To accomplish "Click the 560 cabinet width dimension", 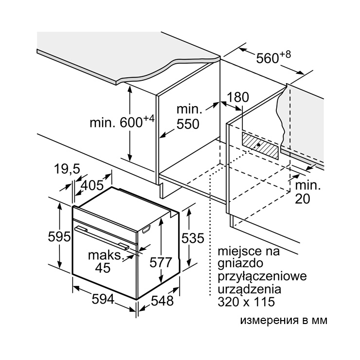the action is tap(267, 58).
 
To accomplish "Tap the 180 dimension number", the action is tap(238, 97).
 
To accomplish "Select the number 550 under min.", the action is tap(188, 124).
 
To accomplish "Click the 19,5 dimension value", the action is tap(67, 169).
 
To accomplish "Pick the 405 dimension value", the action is tap(92, 185).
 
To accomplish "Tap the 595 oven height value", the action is tap(59, 236).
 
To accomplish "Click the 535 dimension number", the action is tap(193, 238).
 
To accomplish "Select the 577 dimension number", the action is tap(161, 262).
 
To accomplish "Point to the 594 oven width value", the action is tap(103, 299).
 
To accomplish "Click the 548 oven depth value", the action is tap(162, 301).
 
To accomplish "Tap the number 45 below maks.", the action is tap(103, 268).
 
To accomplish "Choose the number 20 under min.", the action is tap(303, 199).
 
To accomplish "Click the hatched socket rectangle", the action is tap(261, 145).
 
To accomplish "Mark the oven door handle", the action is tap(102, 237).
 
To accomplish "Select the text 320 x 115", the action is tap(246, 302).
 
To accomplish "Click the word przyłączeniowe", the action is tap(262, 276).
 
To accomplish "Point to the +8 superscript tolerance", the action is tap(285, 54).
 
